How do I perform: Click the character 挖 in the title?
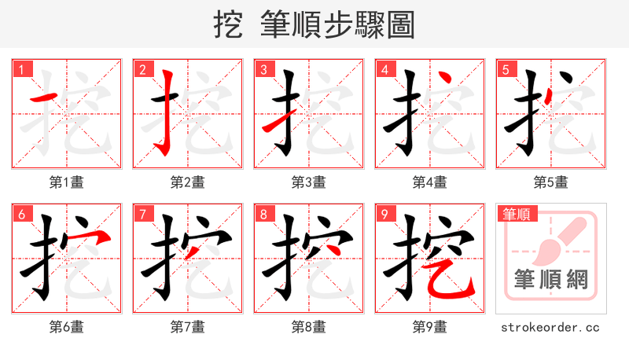point(229,25)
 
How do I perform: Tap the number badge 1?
point(20,69)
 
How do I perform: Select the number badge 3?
point(263,69)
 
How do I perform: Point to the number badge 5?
point(505,69)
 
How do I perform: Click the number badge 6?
point(20,214)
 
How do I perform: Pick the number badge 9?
point(384,214)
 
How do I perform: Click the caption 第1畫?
point(67,182)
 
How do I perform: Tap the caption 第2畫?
point(188,182)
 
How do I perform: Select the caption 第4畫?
point(430,182)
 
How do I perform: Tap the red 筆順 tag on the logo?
point(516,213)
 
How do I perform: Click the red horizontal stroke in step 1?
point(43,98)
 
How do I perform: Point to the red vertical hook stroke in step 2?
point(166,110)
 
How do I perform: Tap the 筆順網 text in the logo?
point(551,280)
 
